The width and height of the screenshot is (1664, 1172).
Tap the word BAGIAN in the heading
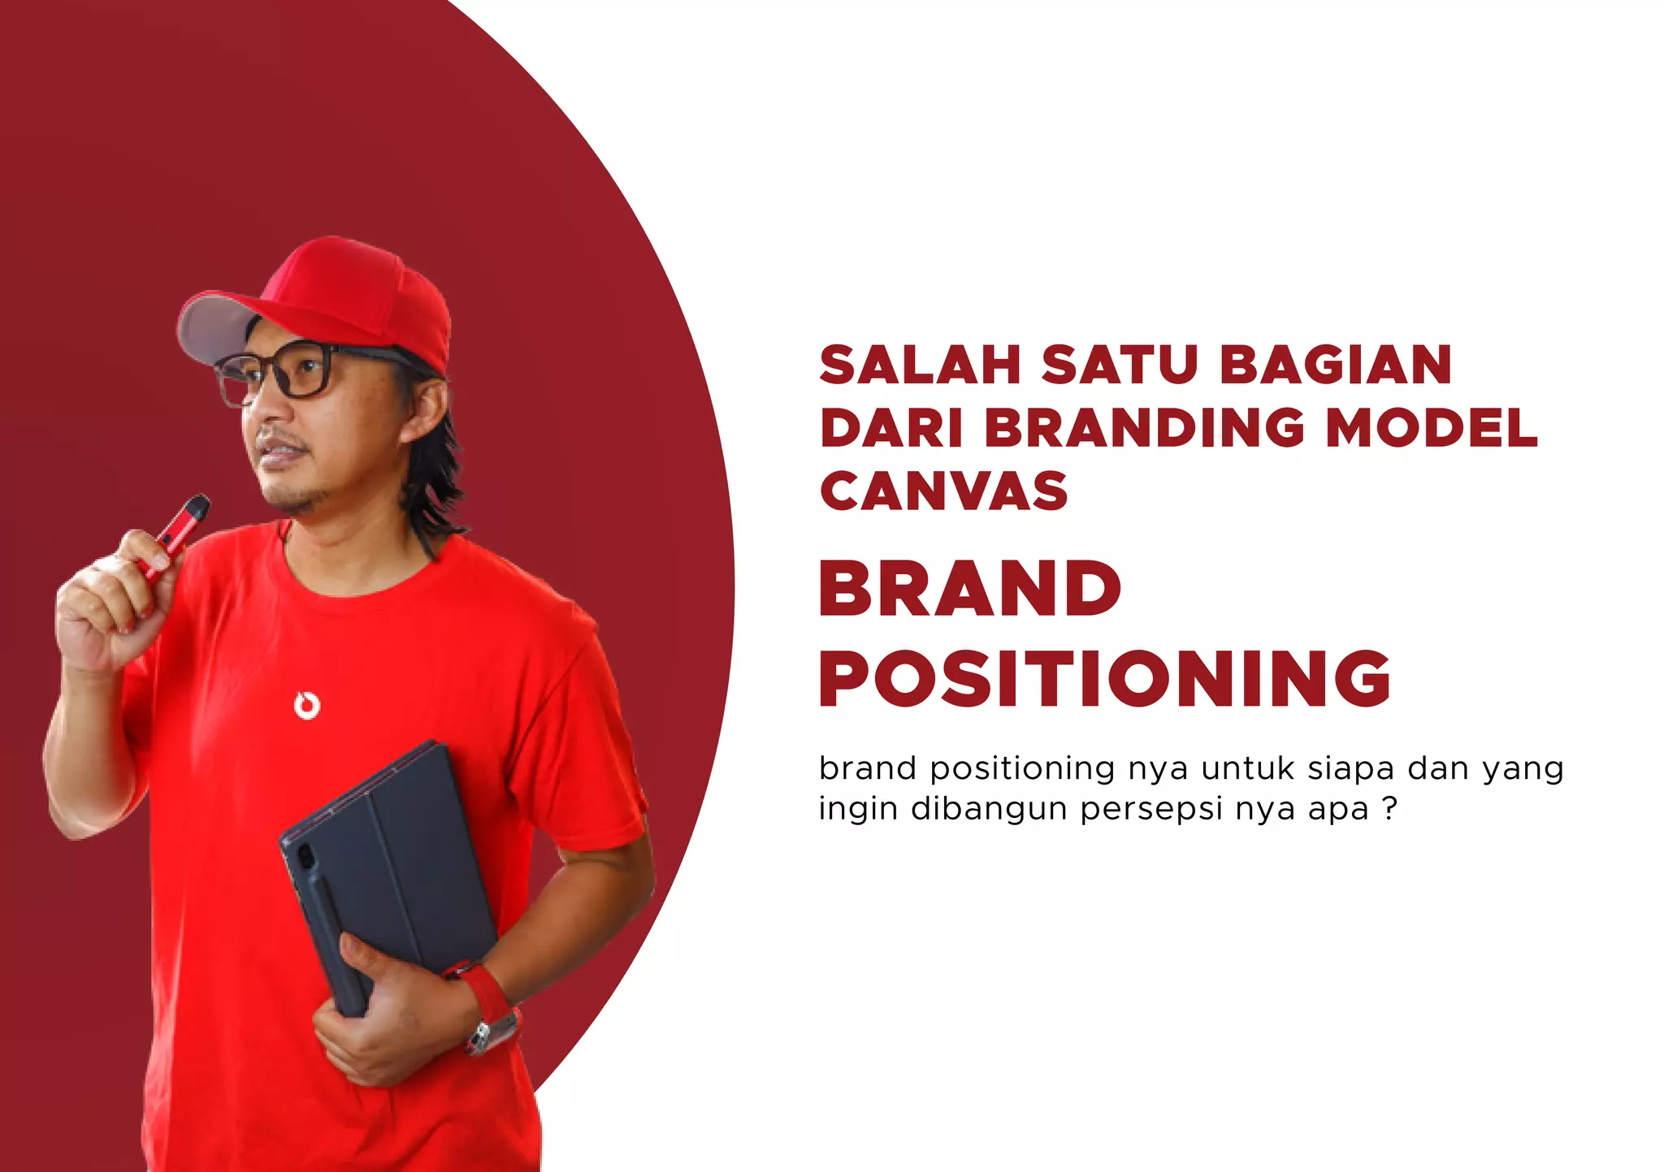[x=1335, y=365]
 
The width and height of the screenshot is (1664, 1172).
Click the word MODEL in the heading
[x=1432, y=428]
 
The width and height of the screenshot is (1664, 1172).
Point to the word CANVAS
[x=944, y=491]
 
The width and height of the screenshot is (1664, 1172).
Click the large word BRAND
[x=970, y=589]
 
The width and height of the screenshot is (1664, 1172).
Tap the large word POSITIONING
[x=1105, y=679]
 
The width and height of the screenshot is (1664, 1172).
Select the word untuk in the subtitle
[x=1247, y=768]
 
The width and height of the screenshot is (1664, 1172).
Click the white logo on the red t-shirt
[x=306, y=705]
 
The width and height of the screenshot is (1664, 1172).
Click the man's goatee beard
[x=297, y=500]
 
